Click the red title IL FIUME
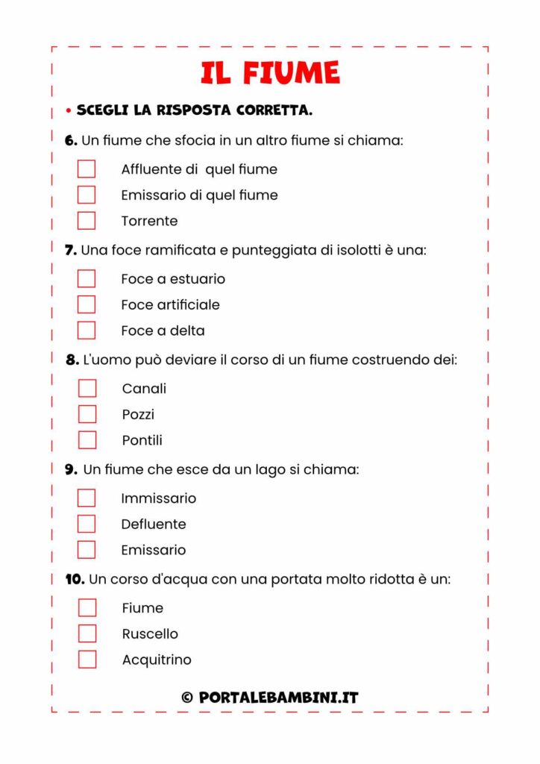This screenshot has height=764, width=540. (270, 73)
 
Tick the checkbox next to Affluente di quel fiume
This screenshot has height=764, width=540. (87, 169)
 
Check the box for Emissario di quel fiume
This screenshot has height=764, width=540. (87, 195)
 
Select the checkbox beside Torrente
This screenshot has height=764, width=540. (87, 221)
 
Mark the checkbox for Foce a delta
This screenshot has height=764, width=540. (87, 331)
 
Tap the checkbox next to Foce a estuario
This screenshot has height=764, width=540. (87, 279)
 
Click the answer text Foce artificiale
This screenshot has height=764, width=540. (170, 304)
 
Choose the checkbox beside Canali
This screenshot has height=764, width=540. (87, 389)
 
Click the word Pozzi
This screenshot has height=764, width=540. (138, 414)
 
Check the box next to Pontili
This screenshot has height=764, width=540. (87, 440)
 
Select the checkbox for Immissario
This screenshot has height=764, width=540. (87, 498)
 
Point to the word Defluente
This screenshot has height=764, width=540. (154, 524)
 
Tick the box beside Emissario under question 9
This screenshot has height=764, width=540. (87, 550)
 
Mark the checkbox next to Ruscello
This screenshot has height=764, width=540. (87, 633)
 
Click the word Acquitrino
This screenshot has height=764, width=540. (157, 660)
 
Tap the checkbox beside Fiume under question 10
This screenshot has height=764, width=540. (87, 608)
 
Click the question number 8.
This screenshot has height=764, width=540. (72, 360)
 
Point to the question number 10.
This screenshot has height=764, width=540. (75, 579)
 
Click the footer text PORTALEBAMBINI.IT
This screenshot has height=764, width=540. (278, 698)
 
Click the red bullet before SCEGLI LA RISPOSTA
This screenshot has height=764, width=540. (68, 111)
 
